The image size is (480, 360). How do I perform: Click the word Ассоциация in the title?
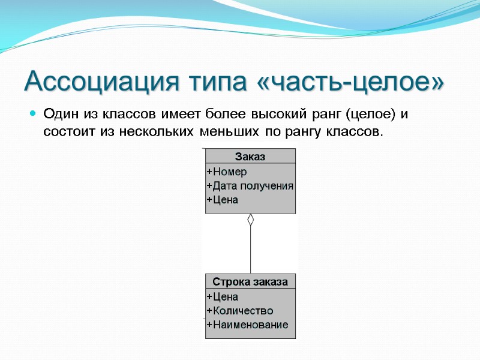[98, 82]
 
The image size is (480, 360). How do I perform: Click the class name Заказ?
[250, 157]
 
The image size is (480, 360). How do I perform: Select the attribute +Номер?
[226, 172]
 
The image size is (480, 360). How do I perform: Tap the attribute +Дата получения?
[250, 186]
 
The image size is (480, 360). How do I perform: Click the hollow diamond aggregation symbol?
[251, 220]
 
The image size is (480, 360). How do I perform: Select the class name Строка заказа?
[250, 281]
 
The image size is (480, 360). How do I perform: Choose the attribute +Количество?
[239, 311]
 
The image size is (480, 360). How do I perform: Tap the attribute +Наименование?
[247, 325]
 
